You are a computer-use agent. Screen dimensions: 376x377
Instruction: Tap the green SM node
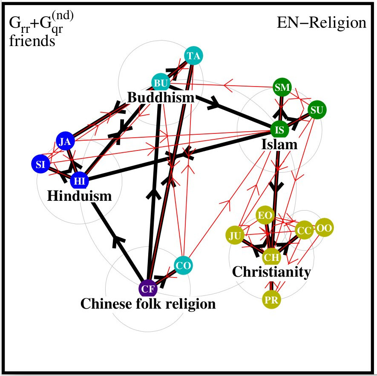[282, 87]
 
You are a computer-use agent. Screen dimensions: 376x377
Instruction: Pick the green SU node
[317, 110]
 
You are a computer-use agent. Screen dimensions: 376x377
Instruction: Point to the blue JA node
[66, 142]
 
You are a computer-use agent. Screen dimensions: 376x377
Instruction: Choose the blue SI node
[41, 164]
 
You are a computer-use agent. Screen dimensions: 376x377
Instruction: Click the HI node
[79, 180]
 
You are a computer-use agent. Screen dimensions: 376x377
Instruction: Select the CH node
[271, 257]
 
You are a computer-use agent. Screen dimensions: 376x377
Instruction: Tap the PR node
[271, 299]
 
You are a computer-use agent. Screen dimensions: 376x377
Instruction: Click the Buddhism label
[161, 98]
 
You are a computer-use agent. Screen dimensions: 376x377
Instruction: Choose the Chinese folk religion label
[148, 304]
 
